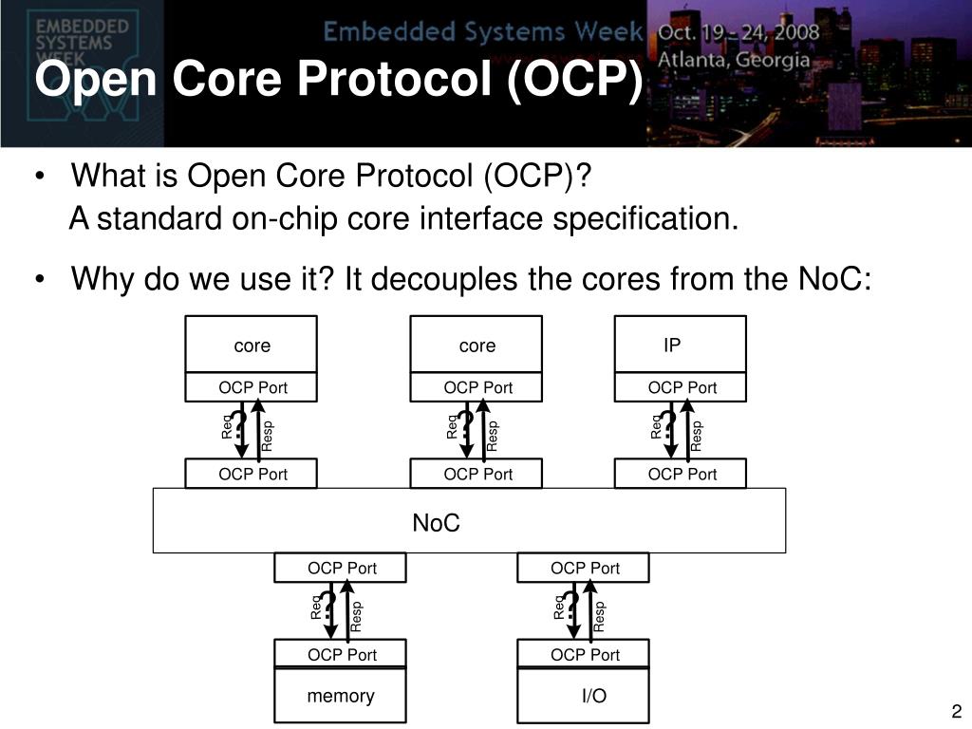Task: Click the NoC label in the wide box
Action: tap(436, 523)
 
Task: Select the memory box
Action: tap(340, 696)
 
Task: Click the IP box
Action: tap(680, 345)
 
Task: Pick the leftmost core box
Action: tap(252, 346)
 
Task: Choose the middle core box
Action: tap(477, 346)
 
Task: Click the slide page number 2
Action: tap(956, 713)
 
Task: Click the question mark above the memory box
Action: tap(329, 607)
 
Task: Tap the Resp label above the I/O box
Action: tap(600, 616)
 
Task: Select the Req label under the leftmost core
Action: tap(228, 428)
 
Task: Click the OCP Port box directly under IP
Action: tap(681, 387)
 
